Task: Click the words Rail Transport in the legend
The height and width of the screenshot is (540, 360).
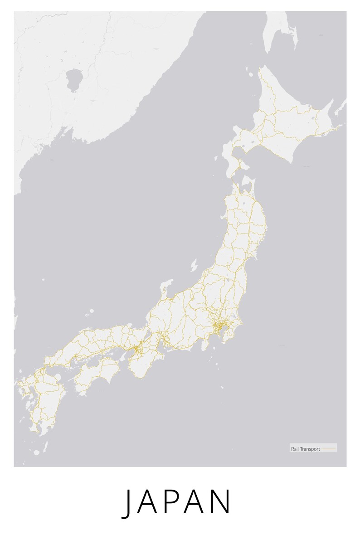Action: coord(305,449)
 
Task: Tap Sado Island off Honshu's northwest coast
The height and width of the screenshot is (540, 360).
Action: coord(194,265)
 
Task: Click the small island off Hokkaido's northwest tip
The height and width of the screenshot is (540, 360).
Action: coord(249,73)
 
